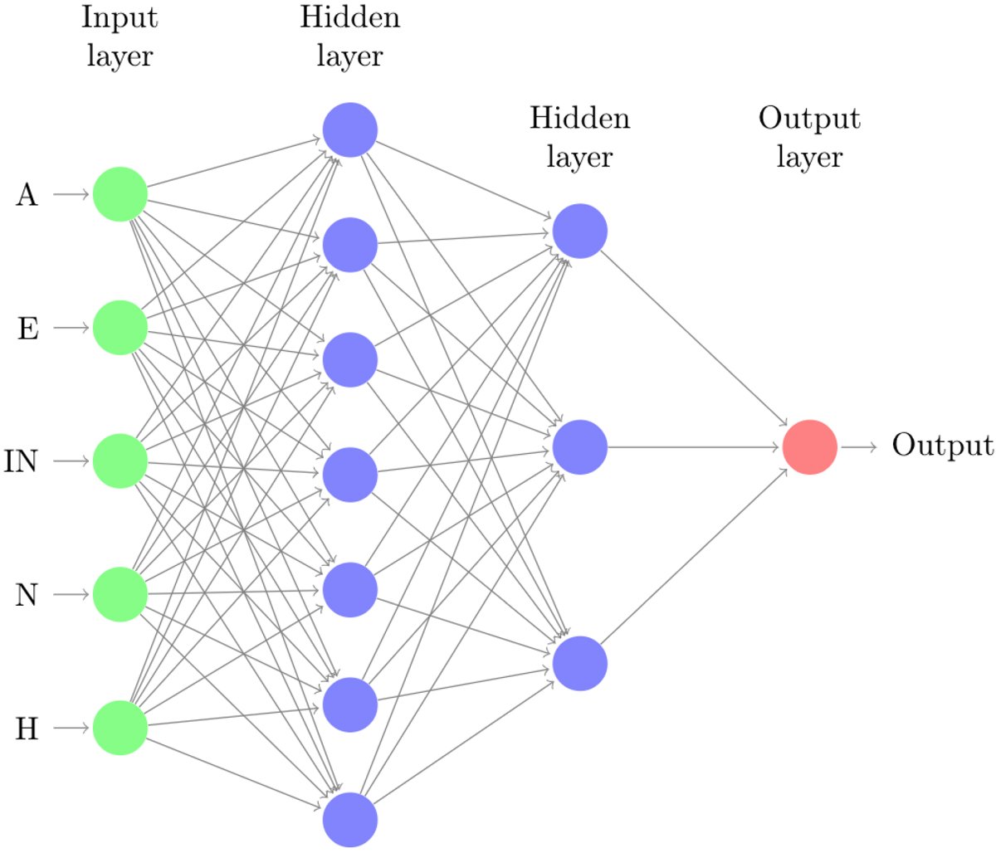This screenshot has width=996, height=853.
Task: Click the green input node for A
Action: click(x=120, y=194)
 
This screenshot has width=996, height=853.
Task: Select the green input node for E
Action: click(x=120, y=328)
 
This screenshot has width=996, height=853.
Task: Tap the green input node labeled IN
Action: click(x=120, y=461)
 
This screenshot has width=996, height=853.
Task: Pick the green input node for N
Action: click(x=120, y=594)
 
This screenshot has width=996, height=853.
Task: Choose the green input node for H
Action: click(x=120, y=728)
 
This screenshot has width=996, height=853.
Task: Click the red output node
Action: click(x=809, y=447)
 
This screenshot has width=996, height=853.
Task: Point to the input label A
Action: click(x=27, y=195)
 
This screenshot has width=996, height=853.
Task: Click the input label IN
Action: click(x=22, y=461)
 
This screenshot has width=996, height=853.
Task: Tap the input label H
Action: click(x=27, y=729)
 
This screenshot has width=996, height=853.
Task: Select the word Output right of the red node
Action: click(x=942, y=446)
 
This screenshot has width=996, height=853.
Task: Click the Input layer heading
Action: click(x=120, y=37)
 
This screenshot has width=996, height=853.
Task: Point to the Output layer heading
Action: click(x=809, y=138)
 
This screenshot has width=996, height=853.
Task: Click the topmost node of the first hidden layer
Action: click(x=350, y=129)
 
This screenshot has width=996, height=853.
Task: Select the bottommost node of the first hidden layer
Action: click(x=350, y=820)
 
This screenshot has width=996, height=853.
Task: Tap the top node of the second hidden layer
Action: click(x=580, y=231)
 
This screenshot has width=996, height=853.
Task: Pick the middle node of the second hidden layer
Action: click(x=580, y=447)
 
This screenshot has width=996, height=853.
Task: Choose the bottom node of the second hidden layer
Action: click(x=580, y=664)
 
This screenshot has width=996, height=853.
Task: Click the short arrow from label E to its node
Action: click(x=72, y=328)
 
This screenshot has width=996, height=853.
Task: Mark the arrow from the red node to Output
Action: click(x=858, y=447)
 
